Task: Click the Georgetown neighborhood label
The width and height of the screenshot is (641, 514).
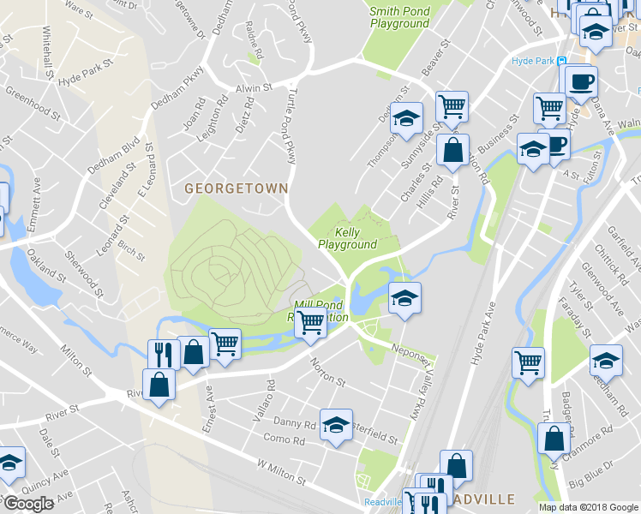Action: [236, 187]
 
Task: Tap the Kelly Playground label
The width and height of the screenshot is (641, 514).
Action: [347, 238]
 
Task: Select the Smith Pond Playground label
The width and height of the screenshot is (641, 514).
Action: [399, 18]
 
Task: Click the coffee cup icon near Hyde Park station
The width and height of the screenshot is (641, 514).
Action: [582, 81]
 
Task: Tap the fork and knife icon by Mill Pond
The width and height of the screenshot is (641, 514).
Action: [161, 352]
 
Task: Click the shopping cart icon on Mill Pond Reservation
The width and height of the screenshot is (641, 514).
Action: [310, 323]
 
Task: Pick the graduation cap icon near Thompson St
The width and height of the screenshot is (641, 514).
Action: [407, 117]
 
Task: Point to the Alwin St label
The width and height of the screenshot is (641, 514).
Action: [254, 87]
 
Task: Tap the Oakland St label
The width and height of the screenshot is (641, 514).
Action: [46, 267]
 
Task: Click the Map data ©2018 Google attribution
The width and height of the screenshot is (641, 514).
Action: [588, 506]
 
